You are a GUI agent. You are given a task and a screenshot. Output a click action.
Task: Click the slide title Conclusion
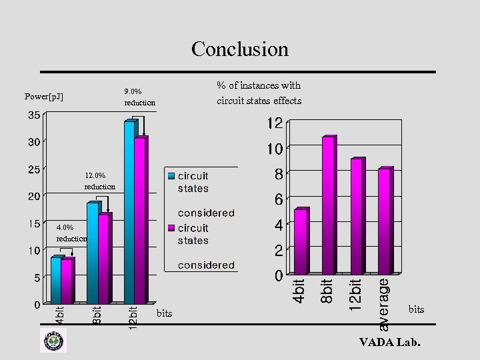pyautogui.click(x=240, y=49)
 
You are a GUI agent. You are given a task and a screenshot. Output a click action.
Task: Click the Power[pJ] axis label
pyautogui.click(x=44, y=97)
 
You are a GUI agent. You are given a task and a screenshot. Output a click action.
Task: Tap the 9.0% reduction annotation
pyautogui.click(x=139, y=97)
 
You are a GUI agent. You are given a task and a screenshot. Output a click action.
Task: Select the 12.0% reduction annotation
pyautogui.click(x=99, y=181)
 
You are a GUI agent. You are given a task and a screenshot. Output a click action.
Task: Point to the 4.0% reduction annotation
pyautogui.click(x=71, y=233)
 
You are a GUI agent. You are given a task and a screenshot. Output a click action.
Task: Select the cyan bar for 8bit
pyautogui.click(x=93, y=253)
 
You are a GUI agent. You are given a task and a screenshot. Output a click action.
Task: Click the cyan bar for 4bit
pyautogui.click(x=56, y=280)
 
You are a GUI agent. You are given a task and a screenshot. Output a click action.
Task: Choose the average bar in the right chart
pyautogui.click(x=385, y=221)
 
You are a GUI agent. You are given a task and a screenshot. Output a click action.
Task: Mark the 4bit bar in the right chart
pyautogui.click(x=300, y=241)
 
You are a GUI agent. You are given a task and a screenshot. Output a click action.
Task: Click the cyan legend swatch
pyautogui.click(x=171, y=176)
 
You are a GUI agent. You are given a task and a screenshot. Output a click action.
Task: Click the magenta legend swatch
pyautogui.click(x=171, y=228)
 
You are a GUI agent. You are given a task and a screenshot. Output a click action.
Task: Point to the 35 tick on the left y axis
pyautogui.click(x=33, y=115)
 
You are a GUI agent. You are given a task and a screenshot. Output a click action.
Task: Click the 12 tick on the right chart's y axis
pyautogui.click(x=275, y=123)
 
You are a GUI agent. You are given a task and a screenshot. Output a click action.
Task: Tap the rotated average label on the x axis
pyautogui.click(x=384, y=304)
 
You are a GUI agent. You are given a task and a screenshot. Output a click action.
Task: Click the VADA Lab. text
pyautogui.click(x=390, y=343)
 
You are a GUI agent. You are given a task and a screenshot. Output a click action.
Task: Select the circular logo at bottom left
pyautogui.click(x=53, y=341)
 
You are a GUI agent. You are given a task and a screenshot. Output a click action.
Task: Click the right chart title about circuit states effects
pyautogui.click(x=259, y=93)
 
